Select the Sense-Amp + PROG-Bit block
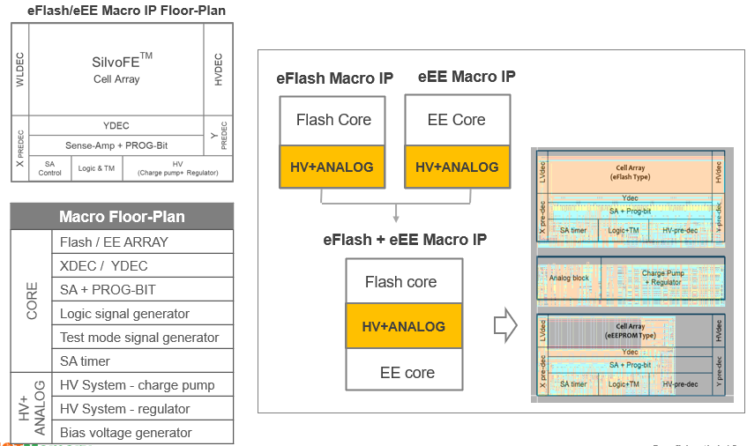pyautogui.click(x=116, y=145)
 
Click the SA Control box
pyautogui.click(x=50, y=168)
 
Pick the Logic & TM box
pyautogui.click(x=96, y=168)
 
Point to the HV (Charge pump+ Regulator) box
pyautogui.click(x=177, y=168)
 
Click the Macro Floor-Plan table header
pyautogui.click(x=122, y=217)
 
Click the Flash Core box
pyautogui.click(x=333, y=120)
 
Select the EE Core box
pyautogui.click(x=457, y=120)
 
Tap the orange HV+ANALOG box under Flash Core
pyautogui.click(x=333, y=167)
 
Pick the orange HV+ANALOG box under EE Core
pyautogui.click(x=457, y=167)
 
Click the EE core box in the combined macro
pyautogui.click(x=407, y=373)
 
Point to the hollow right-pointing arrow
pyautogui.click(x=504, y=327)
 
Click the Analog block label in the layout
pyautogui.click(x=569, y=278)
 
